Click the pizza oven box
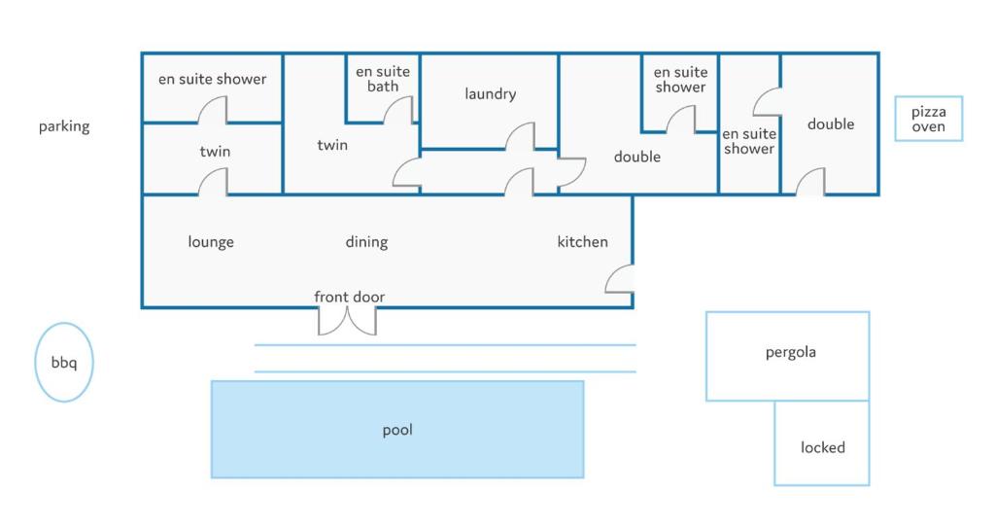tap(928, 119)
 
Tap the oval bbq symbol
tap(64, 363)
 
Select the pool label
tap(397, 430)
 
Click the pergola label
tap(790, 352)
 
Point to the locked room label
tap(822, 447)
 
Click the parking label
tap(64, 126)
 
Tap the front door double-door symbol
tap(347, 320)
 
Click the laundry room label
tap(490, 94)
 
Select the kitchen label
tap(582, 242)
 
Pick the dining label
tap(366, 242)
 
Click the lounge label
tap(211, 242)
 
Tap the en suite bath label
tap(382, 79)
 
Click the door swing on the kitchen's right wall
tap(621, 280)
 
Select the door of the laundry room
tap(522, 137)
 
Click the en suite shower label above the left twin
tap(212, 79)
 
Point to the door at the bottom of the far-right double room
tap(811, 182)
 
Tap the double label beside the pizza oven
tap(831, 123)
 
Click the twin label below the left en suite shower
tap(215, 152)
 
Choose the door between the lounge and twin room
tap(214, 182)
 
